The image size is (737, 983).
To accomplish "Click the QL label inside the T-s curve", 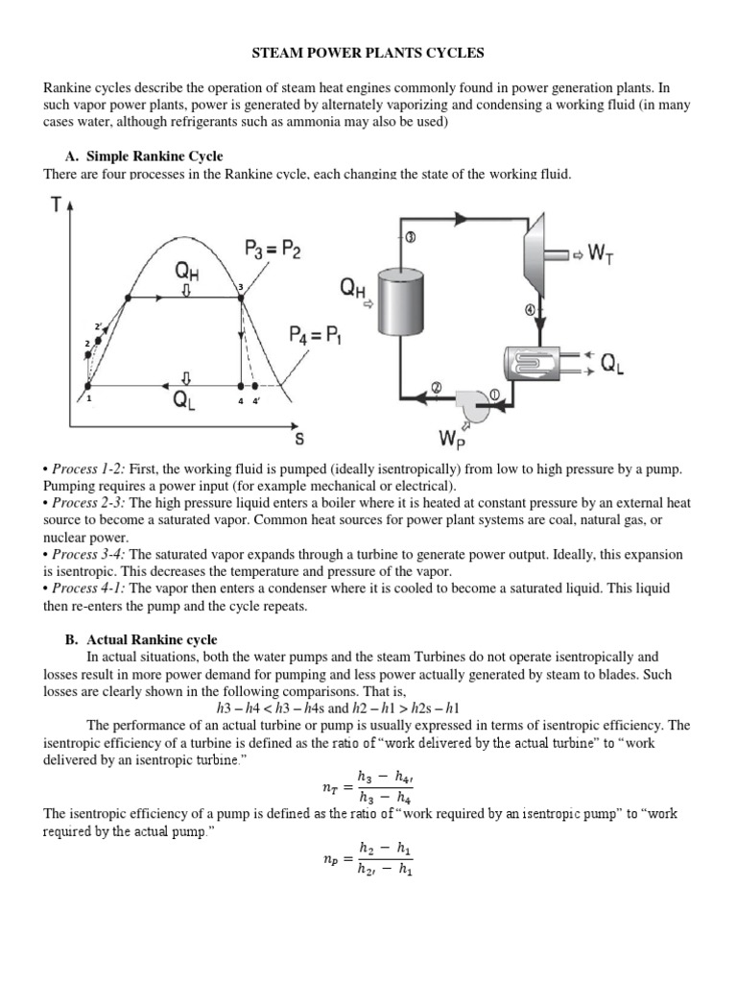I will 186,401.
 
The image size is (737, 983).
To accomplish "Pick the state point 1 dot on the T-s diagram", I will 89,386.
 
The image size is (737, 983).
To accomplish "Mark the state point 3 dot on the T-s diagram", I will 240,298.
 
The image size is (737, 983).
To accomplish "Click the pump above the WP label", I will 466,403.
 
